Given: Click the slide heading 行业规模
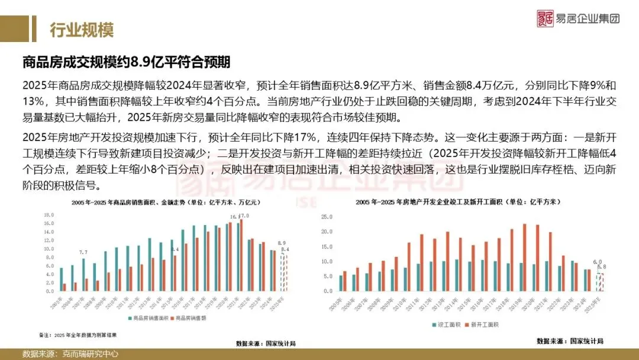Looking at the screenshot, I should tap(81, 30).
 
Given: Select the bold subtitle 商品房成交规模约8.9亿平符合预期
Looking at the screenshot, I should tap(126, 62).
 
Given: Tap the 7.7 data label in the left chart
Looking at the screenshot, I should tap(83, 253).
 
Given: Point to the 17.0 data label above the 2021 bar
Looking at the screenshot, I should tap(244, 216).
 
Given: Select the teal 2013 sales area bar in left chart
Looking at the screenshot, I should tap(150, 265).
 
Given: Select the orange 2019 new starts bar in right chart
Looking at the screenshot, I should tap(524, 258).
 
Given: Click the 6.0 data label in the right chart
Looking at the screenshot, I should tap(598, 262).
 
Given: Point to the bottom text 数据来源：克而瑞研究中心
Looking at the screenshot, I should tap(70, 354).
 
